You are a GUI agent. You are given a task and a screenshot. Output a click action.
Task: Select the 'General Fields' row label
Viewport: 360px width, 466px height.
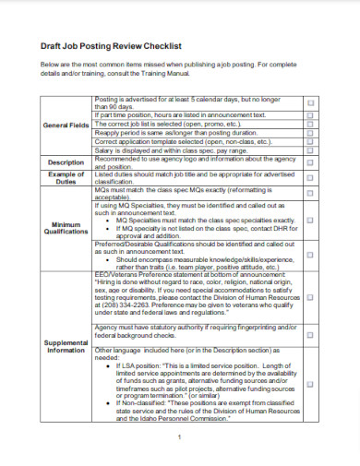(x=64, y=125)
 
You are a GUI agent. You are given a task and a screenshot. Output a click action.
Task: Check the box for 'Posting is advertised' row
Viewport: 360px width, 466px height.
(x=309, y=103)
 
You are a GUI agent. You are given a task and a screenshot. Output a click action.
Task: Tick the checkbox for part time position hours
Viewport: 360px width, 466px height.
(x=309, y=114)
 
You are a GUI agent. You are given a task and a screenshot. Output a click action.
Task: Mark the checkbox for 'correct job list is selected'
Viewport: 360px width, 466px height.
(x=309, y=123)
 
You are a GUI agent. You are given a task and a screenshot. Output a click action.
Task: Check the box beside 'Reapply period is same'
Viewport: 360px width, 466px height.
(x=309, y=132)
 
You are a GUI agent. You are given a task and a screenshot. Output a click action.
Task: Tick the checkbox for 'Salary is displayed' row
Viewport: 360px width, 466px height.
(x=309, y=150)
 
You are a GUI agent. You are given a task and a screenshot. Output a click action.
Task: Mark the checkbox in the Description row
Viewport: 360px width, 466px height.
(x=309, y=162)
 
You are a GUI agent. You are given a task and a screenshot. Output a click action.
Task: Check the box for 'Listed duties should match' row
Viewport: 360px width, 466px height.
(x=309, y=179)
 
